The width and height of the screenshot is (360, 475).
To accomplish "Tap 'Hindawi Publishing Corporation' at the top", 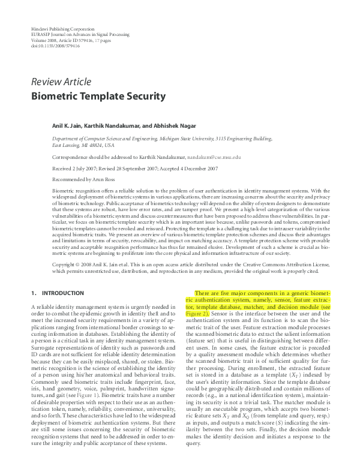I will tap(62, 29).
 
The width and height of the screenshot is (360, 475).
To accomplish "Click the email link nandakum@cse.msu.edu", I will tap(214, 156).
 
